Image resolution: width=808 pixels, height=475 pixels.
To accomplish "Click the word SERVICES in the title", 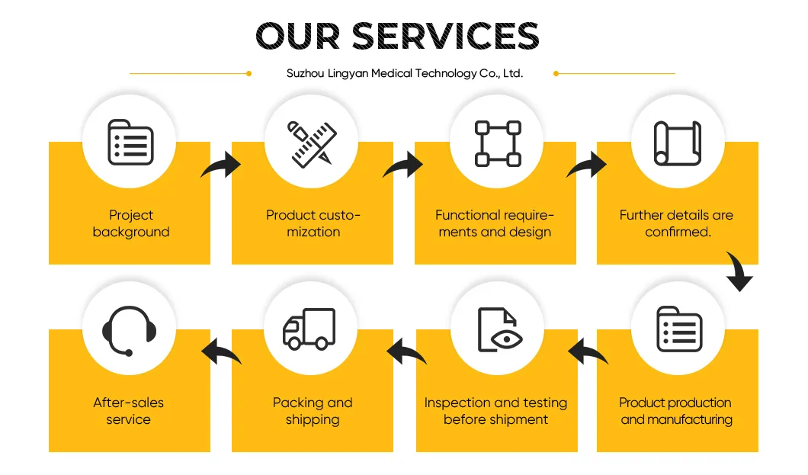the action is point(445,36).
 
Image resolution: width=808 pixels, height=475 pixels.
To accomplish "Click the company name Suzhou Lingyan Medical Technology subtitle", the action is point(405,73).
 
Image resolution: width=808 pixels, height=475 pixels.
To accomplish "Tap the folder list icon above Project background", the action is point(130,142).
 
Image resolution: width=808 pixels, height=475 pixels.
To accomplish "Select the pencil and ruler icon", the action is point(312,144).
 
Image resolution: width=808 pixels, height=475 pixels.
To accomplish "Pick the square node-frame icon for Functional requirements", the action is point(498,144).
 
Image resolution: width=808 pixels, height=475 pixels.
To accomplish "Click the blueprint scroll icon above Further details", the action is point(678,143).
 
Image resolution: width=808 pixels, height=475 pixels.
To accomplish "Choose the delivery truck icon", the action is point(309,329).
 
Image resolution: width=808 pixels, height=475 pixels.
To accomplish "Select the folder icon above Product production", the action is point(679,329).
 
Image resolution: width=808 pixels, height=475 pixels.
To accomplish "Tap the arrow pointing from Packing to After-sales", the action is point(222,352).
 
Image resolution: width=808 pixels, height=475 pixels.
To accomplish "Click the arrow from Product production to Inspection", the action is point(588,352).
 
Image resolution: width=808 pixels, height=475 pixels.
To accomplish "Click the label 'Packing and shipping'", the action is point(313,411).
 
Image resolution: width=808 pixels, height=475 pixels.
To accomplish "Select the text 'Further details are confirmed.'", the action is point(677,223).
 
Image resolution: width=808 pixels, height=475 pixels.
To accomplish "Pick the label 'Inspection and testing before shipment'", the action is point(495,411).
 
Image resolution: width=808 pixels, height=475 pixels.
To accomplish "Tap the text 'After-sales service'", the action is point(128,411).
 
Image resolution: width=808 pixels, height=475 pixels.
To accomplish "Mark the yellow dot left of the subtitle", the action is point(249,74).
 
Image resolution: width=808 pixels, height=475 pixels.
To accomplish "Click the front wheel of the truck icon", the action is point(294,343).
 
